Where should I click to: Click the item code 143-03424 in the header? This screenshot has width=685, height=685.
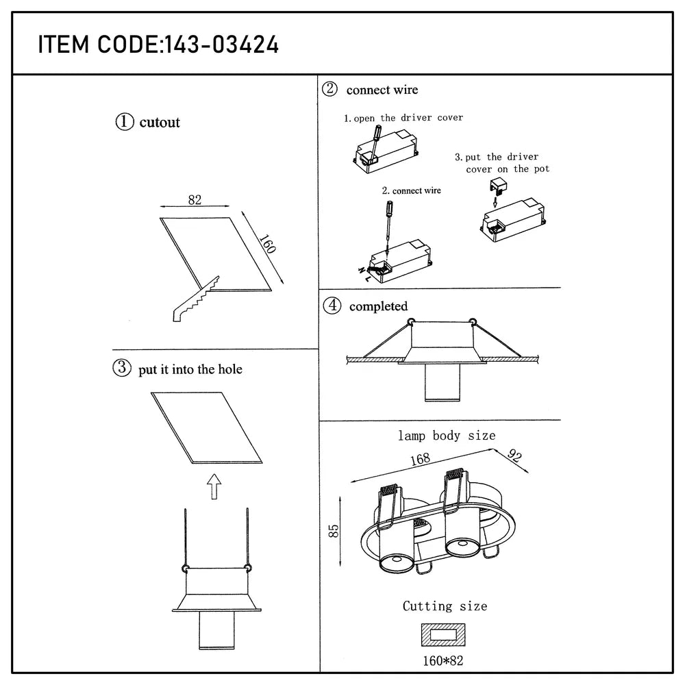(219, 45)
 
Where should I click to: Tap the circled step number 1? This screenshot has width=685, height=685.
(124, 122)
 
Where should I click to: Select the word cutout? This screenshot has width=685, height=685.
(160, 123)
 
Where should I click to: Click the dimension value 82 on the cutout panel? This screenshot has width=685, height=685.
(195, 200)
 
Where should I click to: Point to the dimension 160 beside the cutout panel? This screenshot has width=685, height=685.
(268, 245)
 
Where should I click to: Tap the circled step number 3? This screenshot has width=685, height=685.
(121, 369)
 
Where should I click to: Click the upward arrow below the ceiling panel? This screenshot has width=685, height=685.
(214, 488)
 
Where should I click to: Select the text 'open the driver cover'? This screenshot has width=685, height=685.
(408, 118)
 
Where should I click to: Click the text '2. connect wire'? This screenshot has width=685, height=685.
(412, 190)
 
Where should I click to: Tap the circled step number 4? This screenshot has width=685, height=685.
(332, 306)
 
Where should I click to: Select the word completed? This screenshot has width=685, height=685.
(378, 307)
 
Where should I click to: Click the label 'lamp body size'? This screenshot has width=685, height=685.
(447, 436)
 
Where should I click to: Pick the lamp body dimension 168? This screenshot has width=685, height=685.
(421, 460)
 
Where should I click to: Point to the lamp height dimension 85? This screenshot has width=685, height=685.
(334, 531)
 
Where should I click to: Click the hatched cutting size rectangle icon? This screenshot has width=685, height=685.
(445, 635)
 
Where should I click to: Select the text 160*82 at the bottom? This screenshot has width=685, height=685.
(445, 662)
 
